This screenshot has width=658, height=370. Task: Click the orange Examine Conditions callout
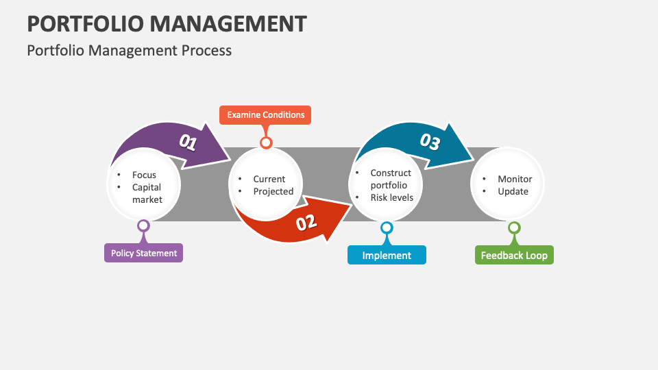[265, 115]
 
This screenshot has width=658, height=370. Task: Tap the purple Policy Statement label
[144, 253]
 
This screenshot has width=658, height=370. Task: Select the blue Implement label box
[387, 255]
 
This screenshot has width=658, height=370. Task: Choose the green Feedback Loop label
[514, 255]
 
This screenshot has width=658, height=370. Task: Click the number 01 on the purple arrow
[188, 143]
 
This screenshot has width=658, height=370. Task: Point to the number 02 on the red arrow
[306, 221]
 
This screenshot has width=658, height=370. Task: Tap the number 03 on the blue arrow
[430, 142]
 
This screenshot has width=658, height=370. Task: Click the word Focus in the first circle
[144, 175]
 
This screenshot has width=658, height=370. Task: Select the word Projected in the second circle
[273, 191]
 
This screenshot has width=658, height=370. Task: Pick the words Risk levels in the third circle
[391, 197]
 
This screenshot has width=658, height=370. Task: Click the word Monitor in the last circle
[515, 179]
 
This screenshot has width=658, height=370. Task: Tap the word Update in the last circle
[513, 191]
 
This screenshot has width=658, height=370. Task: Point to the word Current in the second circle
[269, 179]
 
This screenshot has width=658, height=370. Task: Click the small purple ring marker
[143, 225]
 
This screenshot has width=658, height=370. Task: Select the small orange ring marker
[266, 143]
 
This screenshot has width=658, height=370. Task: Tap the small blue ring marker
[387, 227]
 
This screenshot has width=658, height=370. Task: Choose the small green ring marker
[514, 227]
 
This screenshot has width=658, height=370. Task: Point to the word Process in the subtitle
[208, 50]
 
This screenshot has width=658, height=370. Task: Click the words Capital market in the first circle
[147, 193]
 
